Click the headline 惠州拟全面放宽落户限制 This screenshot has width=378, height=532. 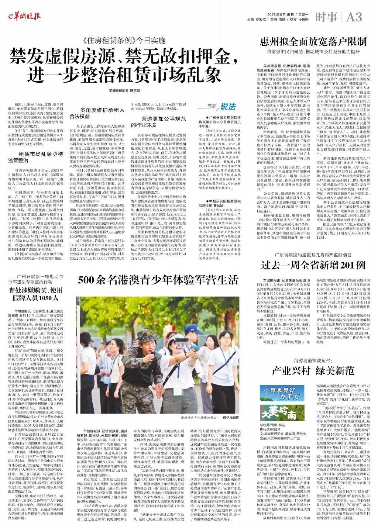click(313, 41)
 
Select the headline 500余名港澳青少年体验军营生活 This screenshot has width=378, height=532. click(158, 280)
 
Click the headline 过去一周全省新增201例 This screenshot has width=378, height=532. click(313, 265)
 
